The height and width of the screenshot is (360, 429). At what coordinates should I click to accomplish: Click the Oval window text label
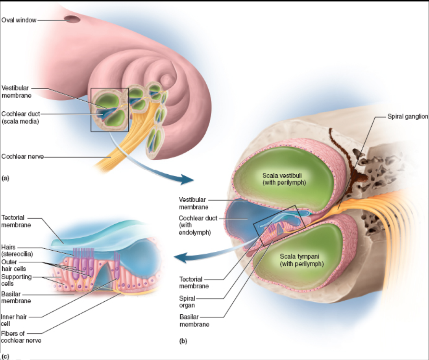[x=19, y=20]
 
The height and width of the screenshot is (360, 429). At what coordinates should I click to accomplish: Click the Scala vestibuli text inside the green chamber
[x=284, y=179]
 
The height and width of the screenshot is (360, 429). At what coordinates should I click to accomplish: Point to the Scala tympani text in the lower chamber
[x=301, y=260]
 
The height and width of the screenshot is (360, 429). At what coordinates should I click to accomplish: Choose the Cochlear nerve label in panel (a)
[x=22, y=157]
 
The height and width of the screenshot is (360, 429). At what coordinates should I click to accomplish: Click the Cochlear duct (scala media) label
[x=20, y=118]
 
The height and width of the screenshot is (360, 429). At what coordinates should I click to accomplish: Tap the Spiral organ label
[x=187, y=301]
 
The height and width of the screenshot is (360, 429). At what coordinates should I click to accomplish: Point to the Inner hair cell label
[x=13, y=319]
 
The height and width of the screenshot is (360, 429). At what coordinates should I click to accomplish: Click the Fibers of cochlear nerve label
[x=21, y=337]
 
